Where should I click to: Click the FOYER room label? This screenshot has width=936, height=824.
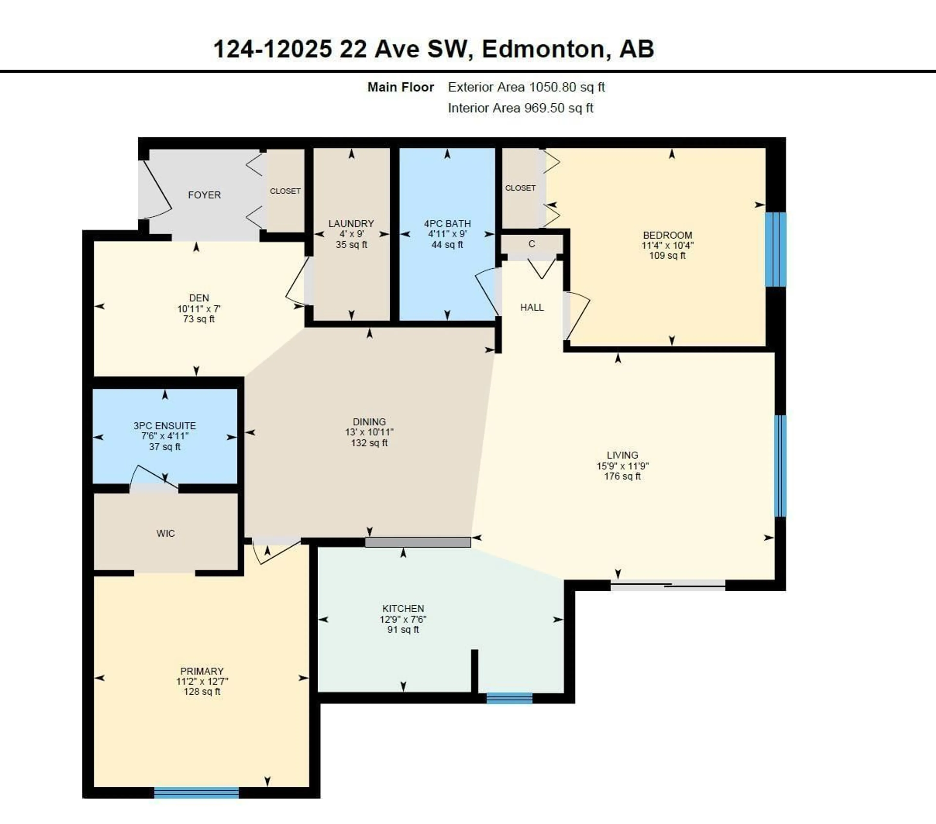pos(204,195)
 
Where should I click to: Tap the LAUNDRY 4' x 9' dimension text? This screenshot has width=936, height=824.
pos(351,234)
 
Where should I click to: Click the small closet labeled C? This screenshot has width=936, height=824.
pos(532,244)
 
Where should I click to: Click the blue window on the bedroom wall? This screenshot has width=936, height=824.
pos(775,249)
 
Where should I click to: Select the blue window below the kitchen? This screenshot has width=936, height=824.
pos(509,698)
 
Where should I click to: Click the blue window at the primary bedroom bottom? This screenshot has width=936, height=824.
pos(196,792)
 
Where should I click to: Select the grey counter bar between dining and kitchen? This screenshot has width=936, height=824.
pos(418,542)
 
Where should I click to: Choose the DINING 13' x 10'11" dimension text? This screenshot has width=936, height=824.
pos(369,432)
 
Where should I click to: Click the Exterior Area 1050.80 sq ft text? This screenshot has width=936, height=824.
pos(526,87)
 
